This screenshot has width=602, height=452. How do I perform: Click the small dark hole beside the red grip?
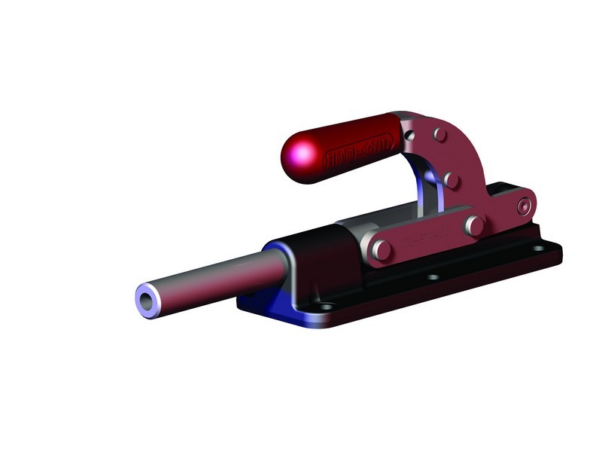[x=409, y=134]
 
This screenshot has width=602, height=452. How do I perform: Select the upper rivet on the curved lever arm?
[x=439, y=134]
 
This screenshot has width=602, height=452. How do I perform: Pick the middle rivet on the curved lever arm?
[x=451, y=180]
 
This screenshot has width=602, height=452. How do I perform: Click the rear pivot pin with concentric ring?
[x=524, y=206]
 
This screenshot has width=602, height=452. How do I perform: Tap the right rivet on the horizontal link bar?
[x=473, y=224]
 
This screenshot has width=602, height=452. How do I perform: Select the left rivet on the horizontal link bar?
[x=381, y=249]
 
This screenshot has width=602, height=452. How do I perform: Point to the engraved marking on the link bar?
[x=425, y=237]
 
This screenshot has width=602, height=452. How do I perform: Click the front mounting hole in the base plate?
[x=326, y=307]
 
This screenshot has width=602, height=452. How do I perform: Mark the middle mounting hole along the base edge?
[x=433, y=277]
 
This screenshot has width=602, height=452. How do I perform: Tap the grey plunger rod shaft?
[x=218, y=279]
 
